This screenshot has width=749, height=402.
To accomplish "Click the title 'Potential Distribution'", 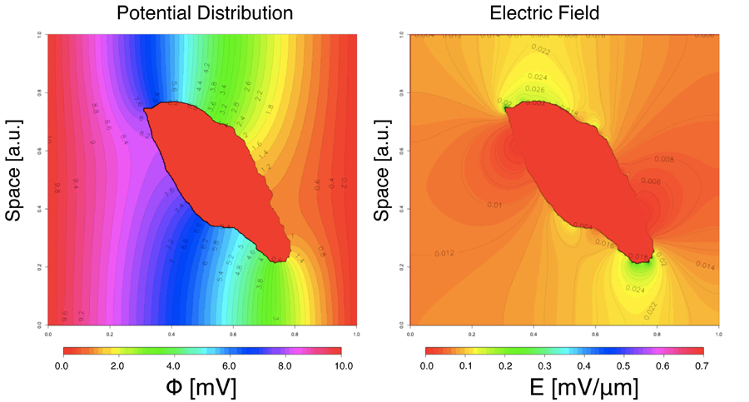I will pyautogui.click(x=205, y=13).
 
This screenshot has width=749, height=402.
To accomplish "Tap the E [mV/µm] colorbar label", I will pyautogui.click(x=565, y=387).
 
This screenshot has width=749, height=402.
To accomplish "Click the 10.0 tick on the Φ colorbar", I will pyautogui.click(x=342, y=365).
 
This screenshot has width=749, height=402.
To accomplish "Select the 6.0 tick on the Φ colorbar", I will pyautogui.click(x=231, y=365).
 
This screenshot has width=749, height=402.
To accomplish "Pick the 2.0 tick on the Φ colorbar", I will pyautogui.click(x=118, y=365).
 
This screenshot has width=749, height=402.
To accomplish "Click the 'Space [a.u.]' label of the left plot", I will pyautogui.click(x=14, y=180).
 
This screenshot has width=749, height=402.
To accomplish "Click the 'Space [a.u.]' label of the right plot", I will pyautogui.click(x=383, y=180).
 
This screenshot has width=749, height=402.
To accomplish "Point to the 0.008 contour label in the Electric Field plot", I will pyautogui.click(x=663, y=159).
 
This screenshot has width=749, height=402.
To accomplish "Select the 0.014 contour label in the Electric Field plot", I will pyautogui.click(x=704, y=266).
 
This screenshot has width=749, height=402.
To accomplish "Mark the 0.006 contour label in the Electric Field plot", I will pyautogui.click(x=650, y=181).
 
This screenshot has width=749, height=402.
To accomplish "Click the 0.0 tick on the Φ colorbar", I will pyautogui.click(x=62, y=365).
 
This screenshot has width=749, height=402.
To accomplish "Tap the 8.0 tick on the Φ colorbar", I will pyautogui.click(x=286, y=365).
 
